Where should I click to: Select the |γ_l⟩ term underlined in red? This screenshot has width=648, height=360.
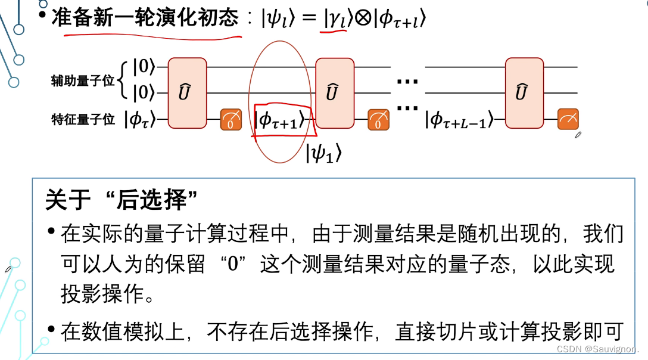point(335,20)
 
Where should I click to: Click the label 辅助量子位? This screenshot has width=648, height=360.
point(82,81)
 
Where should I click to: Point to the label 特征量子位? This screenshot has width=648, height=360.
point(82,120)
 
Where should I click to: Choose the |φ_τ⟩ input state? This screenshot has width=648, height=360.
point(141,120)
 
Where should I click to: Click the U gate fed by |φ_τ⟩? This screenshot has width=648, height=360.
point(187,93)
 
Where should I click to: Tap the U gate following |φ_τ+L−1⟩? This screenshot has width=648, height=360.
point(524,93)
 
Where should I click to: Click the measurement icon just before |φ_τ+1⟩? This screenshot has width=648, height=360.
point(230,120)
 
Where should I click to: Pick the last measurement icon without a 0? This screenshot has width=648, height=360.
point(568,120)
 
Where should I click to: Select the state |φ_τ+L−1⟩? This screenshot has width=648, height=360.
point(460,120)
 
